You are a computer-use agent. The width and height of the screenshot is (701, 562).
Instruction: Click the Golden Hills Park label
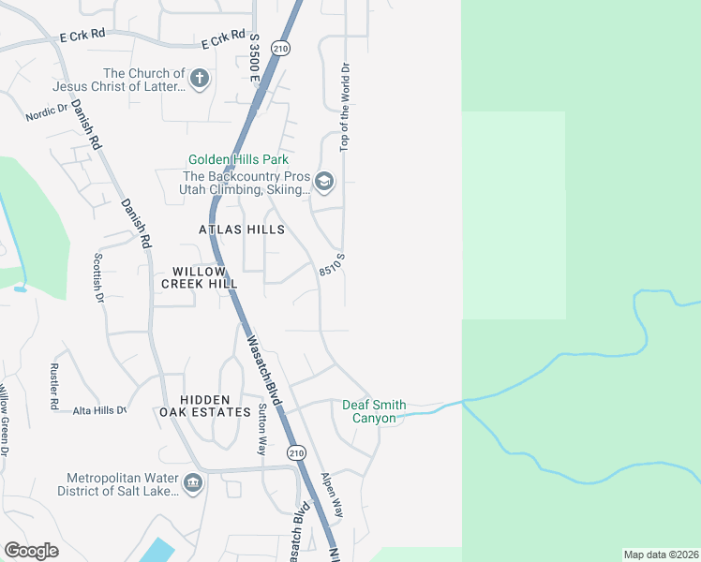click(x=238, y=160)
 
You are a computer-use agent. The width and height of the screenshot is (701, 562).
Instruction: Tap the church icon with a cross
click(x=199, y=79)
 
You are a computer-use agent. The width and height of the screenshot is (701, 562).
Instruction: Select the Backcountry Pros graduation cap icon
click(x=324, y=182)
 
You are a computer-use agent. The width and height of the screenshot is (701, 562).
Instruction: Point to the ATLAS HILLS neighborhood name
click(x=241, y=229)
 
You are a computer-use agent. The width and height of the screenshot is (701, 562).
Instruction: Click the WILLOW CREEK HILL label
click(x=199, y=276)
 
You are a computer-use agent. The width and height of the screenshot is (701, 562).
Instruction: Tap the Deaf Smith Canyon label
click(x=374, y=411)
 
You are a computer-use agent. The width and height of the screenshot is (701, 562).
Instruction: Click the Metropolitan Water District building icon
click(x=193, y=483)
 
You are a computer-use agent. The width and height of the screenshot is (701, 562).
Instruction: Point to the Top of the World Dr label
click(x=345, y=108)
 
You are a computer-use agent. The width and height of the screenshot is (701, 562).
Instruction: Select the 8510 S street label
click(x=333, y=263)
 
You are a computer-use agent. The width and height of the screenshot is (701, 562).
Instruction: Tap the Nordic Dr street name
click(x=47, y=112)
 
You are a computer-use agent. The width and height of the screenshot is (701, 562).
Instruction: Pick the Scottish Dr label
click(x=97, y=277)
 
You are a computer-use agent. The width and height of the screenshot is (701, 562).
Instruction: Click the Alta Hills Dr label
click(x=99, y=410)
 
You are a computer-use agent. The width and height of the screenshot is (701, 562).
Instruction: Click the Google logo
click(x=31, y=550)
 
